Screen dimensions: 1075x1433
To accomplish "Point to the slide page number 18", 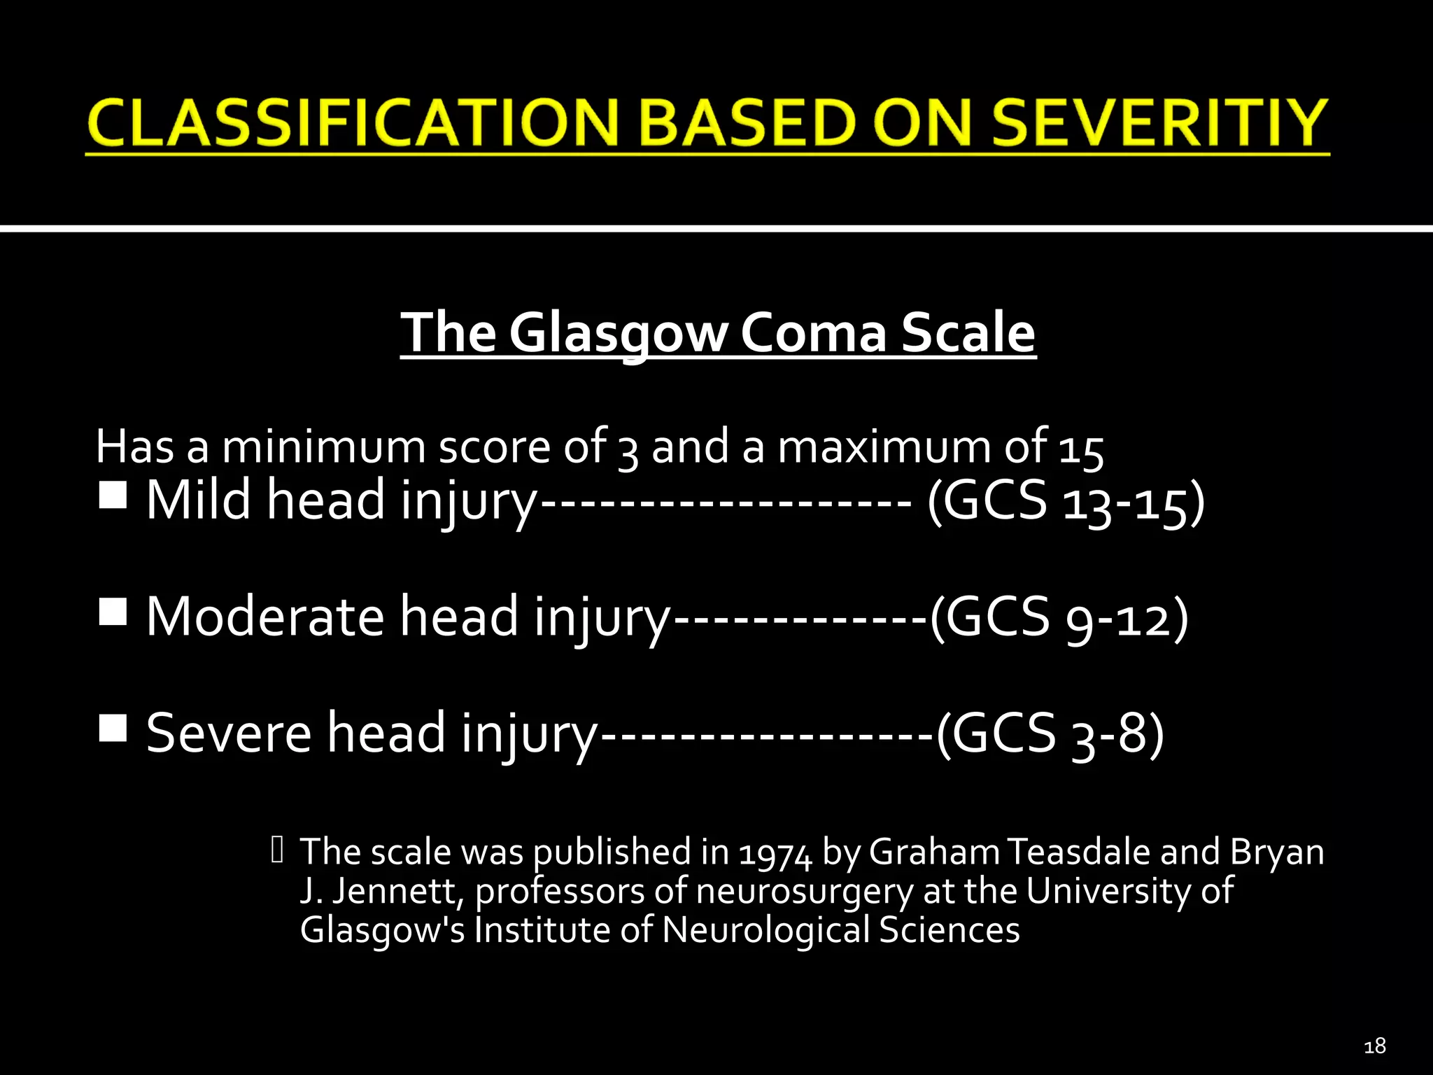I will click(1374, 1046).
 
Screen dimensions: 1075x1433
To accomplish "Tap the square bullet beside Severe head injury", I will click(113, 728).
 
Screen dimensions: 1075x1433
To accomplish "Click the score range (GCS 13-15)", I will click(1066, 501).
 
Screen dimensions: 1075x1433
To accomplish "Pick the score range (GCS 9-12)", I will click(1058, 618).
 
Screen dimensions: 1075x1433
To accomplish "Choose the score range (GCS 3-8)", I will click(1050, 734).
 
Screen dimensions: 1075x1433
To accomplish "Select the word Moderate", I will click(265, 617).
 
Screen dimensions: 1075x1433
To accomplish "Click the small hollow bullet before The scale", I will click(277, 850).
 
